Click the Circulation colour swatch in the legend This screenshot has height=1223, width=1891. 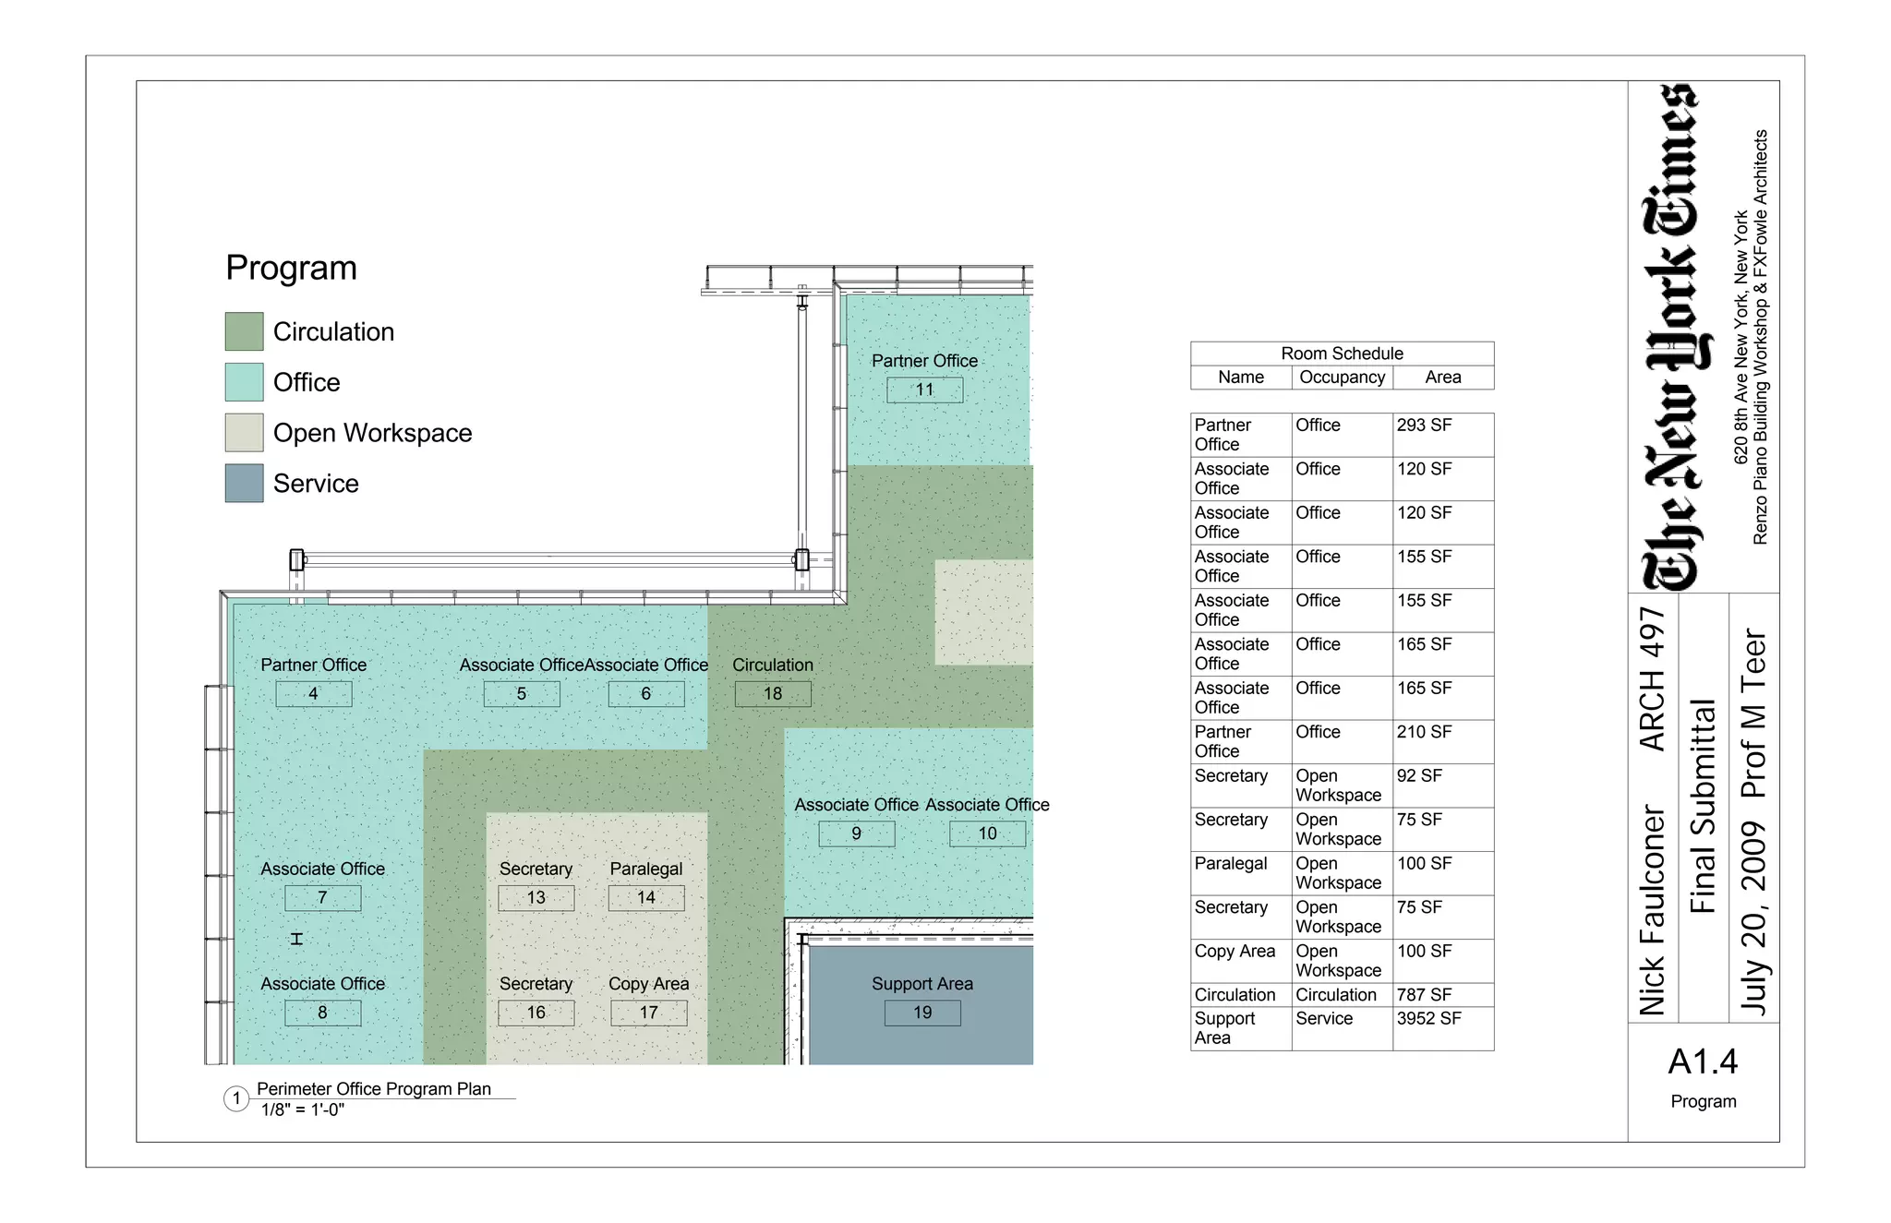click(244, 331)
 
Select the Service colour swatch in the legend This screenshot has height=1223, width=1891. click(244, 483)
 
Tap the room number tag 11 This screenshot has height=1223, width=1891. click(924, 390)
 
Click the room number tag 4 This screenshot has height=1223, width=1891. click(313, 693)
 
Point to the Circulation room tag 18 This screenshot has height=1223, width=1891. click(772, 693)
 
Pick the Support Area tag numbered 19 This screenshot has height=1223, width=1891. click(921, 1013)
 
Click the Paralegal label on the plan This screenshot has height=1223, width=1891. click(645, 869)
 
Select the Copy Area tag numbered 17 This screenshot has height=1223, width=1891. click(648, 1013)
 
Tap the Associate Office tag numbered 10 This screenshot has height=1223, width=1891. click(987, 833)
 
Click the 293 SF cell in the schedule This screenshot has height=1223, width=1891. click(1424, 426)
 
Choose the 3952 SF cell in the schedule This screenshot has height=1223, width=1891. click(1428, 1019)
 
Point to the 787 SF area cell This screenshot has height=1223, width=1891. click(1424, 995)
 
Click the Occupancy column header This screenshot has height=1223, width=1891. click(1342, 378)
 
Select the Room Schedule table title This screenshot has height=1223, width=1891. click(1342, 354)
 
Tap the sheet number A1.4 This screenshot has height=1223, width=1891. click(1703, 1062)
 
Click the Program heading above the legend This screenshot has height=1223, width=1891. click(291, 269)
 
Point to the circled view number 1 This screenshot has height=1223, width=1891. click(236, 1098)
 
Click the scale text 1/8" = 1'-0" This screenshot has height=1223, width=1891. click(303, 1110)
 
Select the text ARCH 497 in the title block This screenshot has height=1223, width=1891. click(1652, 678)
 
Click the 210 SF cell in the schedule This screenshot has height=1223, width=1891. click(1424, 732)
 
